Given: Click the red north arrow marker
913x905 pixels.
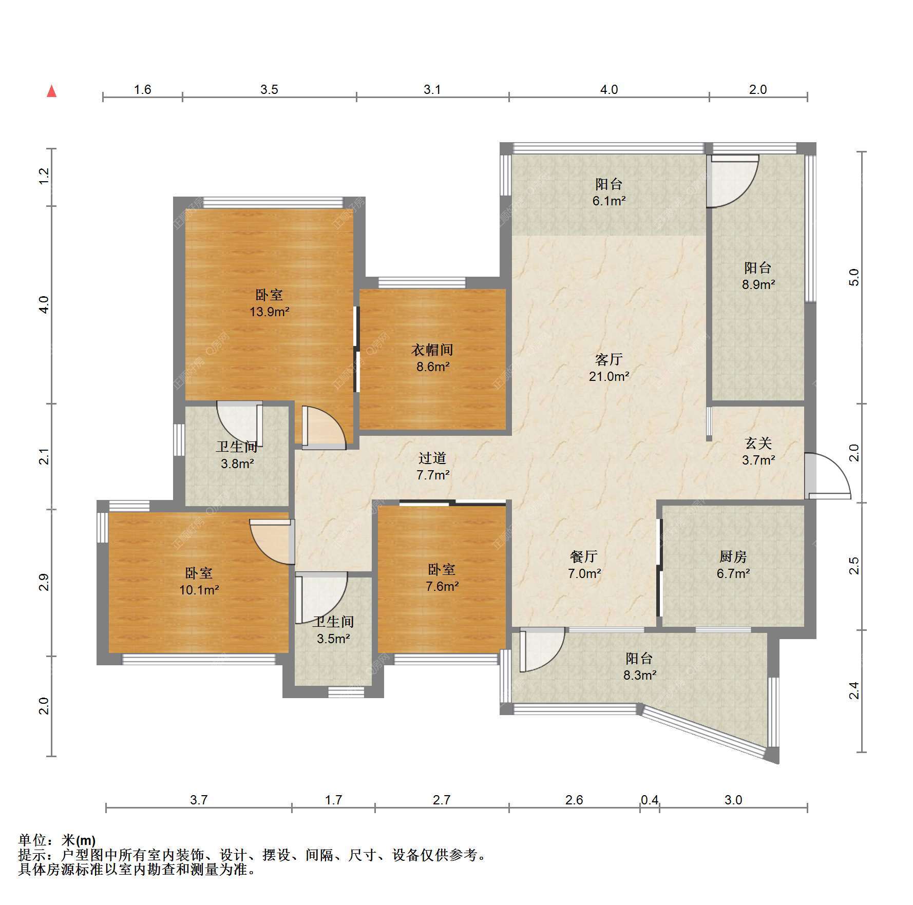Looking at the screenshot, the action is click(x=51, y=91).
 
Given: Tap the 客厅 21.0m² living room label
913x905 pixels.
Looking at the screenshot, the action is click(x=609, y=368).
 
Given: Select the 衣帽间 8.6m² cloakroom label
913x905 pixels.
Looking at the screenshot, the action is click(x=432, y=358).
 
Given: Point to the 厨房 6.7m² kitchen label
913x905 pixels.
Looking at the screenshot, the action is click(x=733, y=565).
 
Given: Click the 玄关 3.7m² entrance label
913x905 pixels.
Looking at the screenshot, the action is click(x=758, y=451).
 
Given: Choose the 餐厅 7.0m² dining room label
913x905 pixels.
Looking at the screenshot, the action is click(x=584, y=565).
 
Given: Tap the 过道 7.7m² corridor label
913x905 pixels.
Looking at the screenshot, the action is click(x=433, y=466).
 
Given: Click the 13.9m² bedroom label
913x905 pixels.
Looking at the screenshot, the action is click(x=270, y=303).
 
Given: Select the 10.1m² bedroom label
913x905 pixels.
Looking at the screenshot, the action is click(x=199, y=581).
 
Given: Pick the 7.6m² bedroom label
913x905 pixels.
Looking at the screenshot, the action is click(x=442, y=577).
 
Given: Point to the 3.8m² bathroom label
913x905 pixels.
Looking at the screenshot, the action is click(x=237, y=455).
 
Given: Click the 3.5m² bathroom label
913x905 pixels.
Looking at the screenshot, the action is click(x=333, y=630).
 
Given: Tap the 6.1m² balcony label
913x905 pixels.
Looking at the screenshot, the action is click(x=609, y=192).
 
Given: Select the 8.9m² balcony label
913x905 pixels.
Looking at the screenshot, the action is click(x=758, y=276).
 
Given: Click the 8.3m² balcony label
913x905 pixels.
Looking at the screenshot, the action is click(x=639, y=666).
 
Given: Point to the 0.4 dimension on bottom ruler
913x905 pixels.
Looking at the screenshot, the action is click(x=650, y=799).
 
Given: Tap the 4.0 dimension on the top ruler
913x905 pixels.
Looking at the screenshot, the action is click(x=609, y=89).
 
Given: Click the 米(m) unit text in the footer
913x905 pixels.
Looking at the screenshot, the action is click(x=78, y=841).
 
